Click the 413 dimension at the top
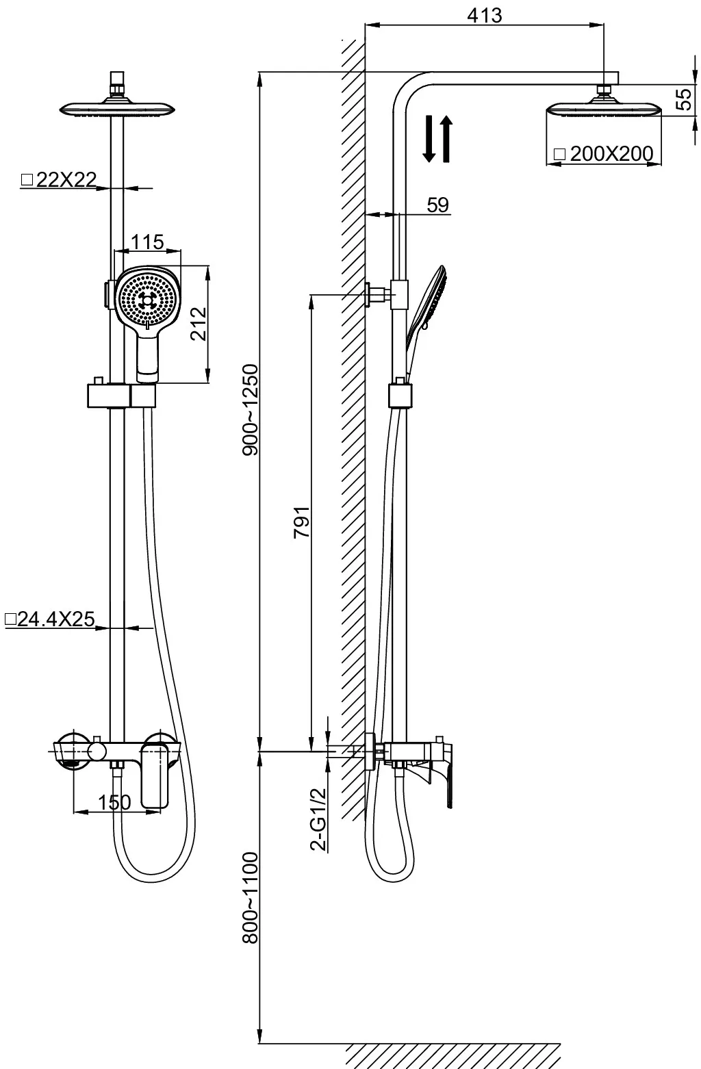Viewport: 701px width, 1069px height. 484,15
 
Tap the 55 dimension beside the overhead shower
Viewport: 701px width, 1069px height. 685,99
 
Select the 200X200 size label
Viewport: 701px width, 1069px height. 611,154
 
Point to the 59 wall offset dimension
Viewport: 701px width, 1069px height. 438,205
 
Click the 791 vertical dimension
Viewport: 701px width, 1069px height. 302,522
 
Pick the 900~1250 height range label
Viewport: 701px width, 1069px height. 251,409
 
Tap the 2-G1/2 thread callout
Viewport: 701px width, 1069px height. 318,820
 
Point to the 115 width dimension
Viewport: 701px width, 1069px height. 148,242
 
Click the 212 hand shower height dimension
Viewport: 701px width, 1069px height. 199,324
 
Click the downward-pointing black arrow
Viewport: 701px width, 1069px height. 429,138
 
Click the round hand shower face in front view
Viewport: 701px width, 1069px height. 148,299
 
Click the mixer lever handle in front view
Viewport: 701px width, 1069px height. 155,777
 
